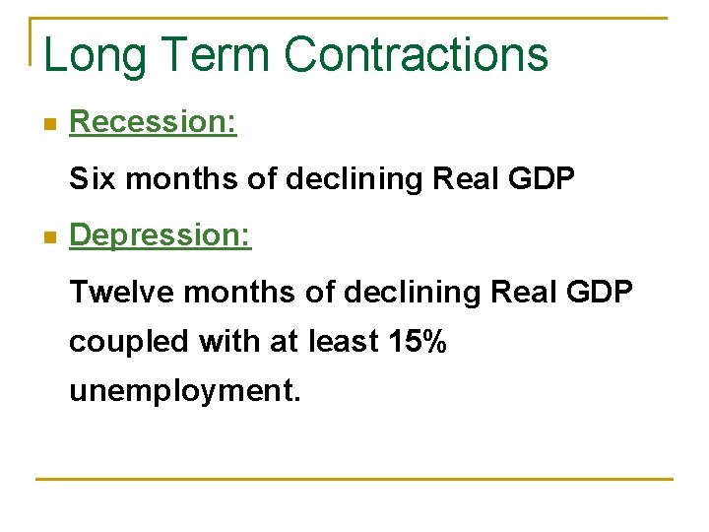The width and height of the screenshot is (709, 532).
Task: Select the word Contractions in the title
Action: coord(417,54)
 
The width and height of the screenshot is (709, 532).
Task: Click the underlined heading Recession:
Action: coord(153,122)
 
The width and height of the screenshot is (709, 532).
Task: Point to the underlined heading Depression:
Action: coord(161,235)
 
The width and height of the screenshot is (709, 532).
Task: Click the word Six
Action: coord(93,179)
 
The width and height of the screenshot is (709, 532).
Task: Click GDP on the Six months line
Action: coord(541,179)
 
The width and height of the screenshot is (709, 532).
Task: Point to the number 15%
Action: coord(418,342)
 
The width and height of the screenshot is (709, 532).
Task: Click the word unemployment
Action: coord(183,392)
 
